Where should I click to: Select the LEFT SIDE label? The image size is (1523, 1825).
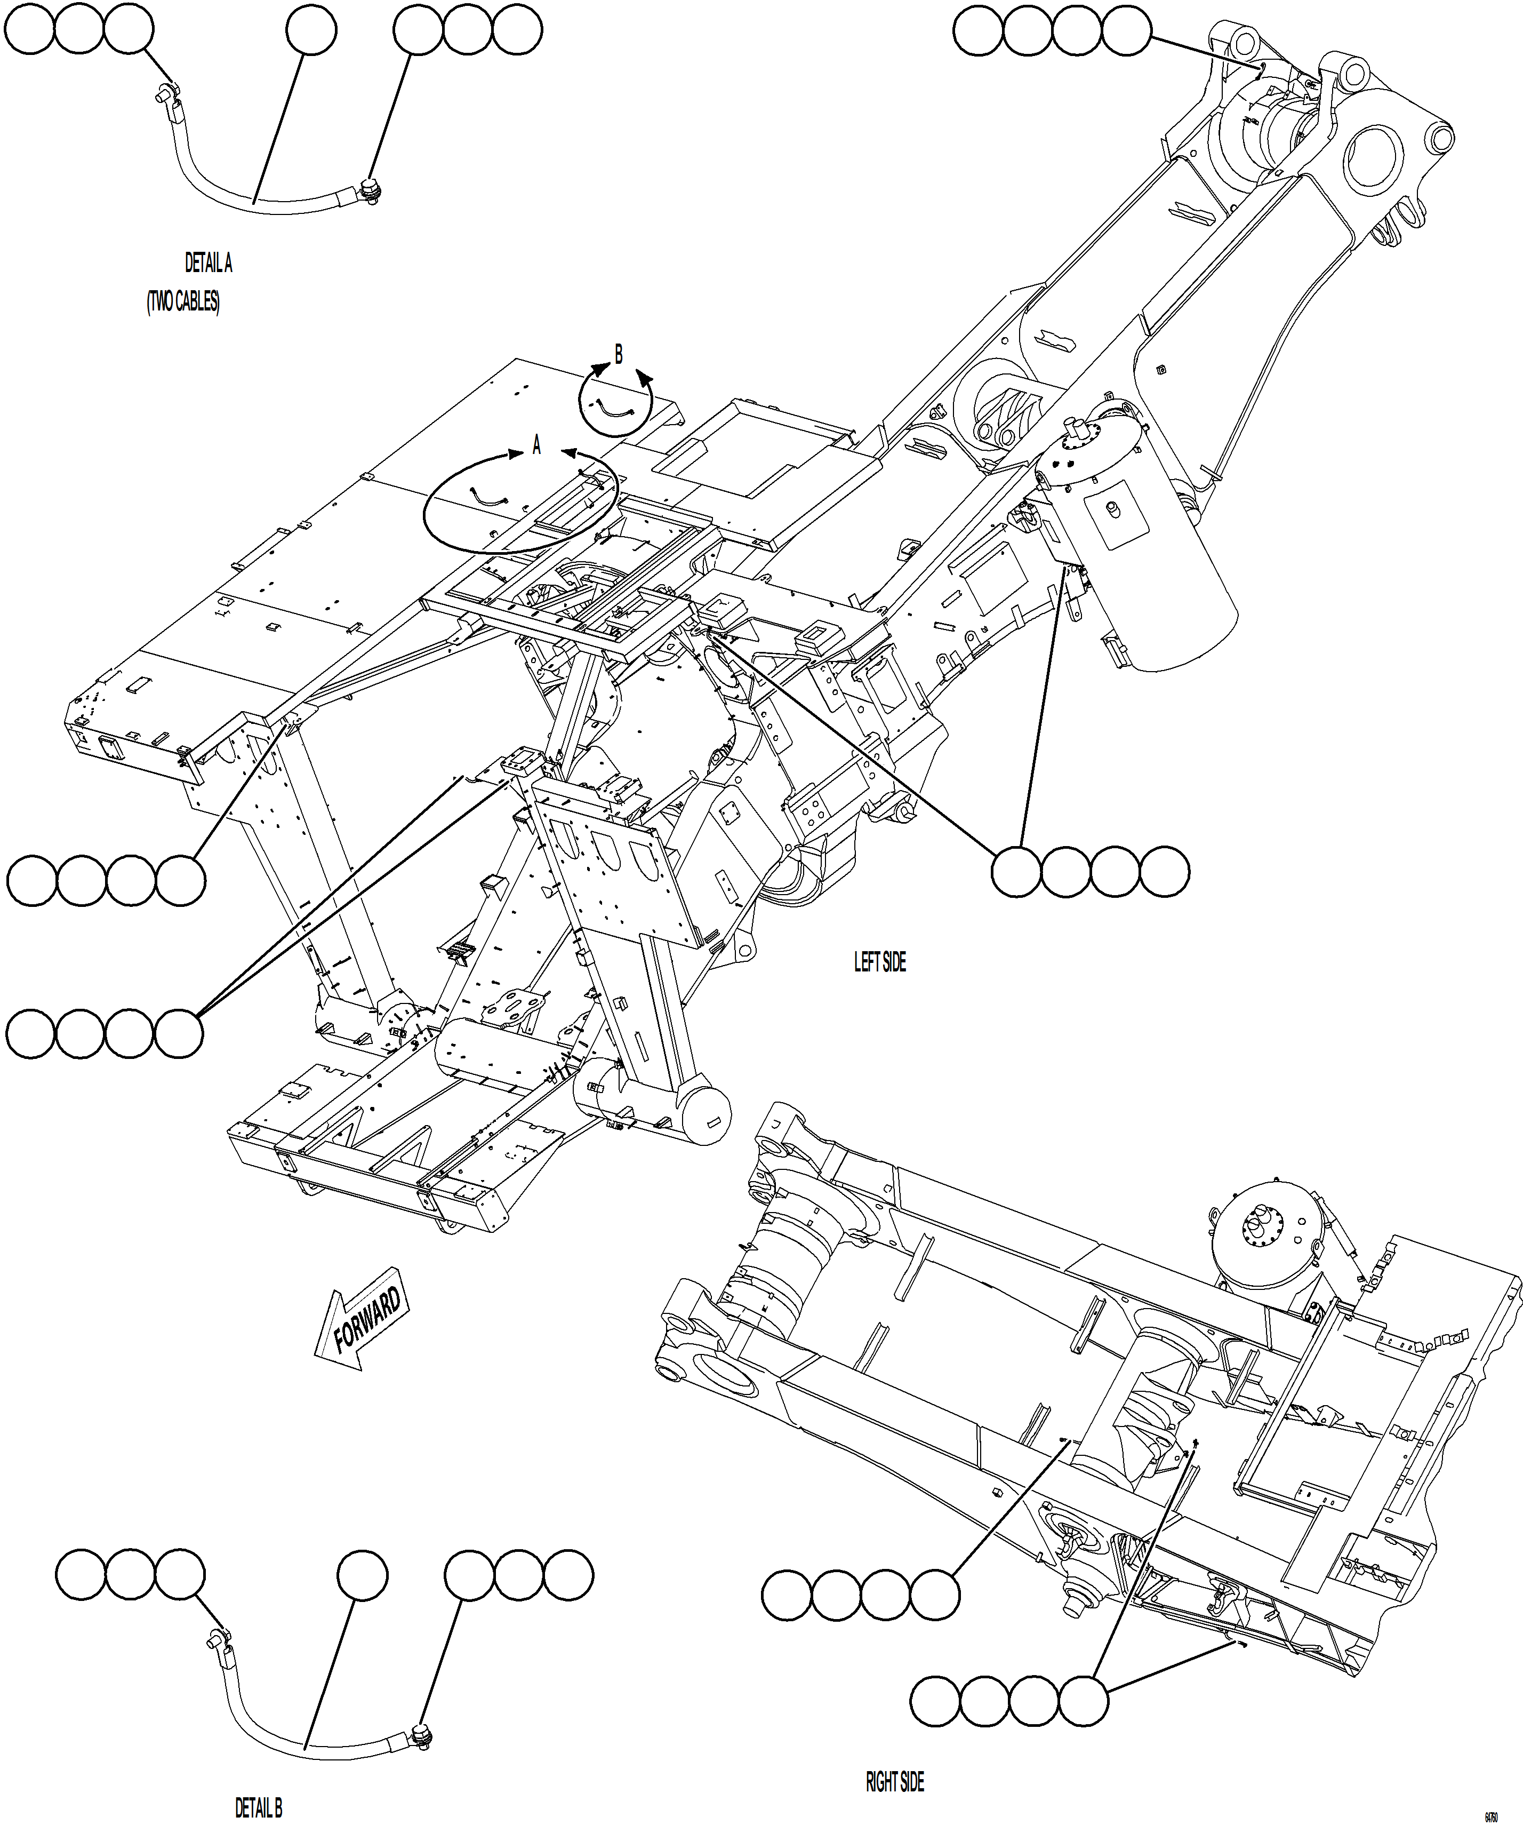(879, 962)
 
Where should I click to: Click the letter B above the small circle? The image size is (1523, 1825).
(619, 355)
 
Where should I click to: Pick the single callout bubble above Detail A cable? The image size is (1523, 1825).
(311, 29)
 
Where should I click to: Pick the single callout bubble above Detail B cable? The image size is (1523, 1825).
(362, 1575)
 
